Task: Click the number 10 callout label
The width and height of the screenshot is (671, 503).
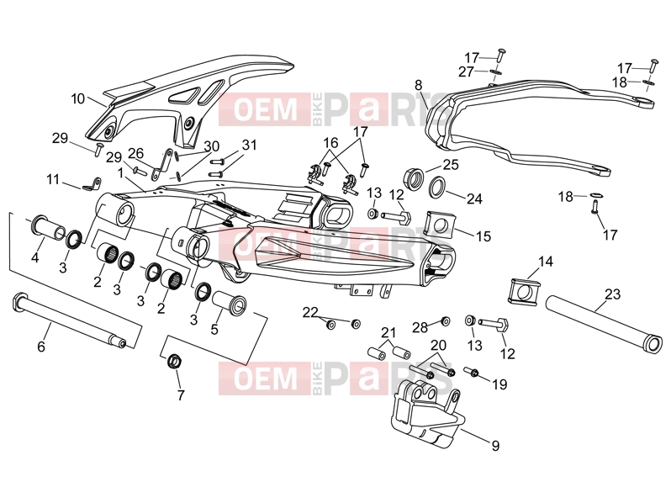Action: point(77,99)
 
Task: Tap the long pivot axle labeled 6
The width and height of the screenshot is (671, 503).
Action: point(68,320)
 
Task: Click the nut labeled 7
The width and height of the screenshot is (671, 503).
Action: point(174,361)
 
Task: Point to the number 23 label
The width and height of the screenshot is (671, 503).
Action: point(612,294)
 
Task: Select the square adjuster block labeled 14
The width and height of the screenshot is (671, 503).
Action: point(525,292)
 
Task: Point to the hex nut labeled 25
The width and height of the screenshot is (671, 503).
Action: point(414,177)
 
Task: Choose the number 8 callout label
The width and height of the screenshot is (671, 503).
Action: point(418,85)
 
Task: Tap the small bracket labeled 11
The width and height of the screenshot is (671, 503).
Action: point(92,184)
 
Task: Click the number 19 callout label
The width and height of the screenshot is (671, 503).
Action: point(499,384)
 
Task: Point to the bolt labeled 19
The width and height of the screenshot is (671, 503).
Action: point(471,373)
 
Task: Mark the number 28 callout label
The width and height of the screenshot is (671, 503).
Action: point(420,327)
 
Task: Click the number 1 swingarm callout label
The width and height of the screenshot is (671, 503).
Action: point(121,172)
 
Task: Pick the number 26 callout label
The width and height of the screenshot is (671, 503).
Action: point(135,153)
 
